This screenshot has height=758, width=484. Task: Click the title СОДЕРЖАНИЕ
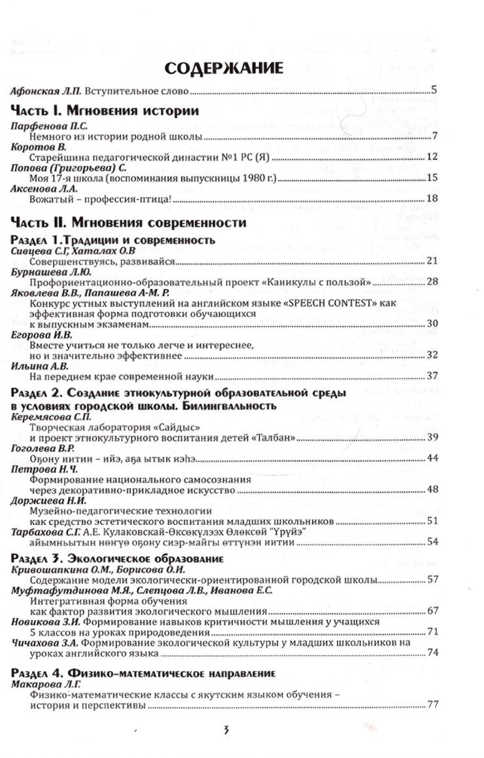(224, 68)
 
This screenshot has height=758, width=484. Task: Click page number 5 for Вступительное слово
(434, 91)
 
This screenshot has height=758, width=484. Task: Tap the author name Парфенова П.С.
(44, 126)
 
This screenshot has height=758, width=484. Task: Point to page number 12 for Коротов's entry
(431, 157)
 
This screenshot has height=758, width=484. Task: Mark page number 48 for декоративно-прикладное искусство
(431, 488)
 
